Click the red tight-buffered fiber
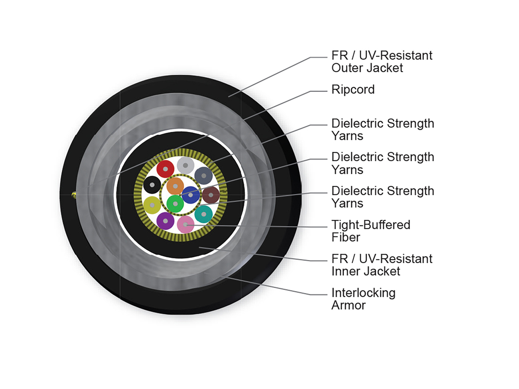pyautogui.click(x=165, y=169)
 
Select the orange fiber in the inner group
pyautogui.click(x=175, y=186)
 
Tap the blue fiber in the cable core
pyautogui.click(x=190, y=194)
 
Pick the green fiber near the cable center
pyautogui.click(x=175, y=203)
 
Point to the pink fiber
pyautogui.click(x=186, y=225)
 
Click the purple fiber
pyautogui.click(x=165, y=221)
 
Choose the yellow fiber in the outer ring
pyautogui.click(x=152, y=204)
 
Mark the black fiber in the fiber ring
pyautogui.click(x=152, y=185)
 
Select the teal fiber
pyautogui.click(x=204, y=214)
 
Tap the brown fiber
pyautogui.click(x=211, y=195)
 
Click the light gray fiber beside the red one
pyautogui.click(x=185, y=165)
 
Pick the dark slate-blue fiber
pyautogui.click(x=203, y=176)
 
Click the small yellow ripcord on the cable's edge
pyautogui.click(x=74, y=195)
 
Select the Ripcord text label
pyautogui.click(x=353, y=89)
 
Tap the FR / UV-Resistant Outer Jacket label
pyautogui.click(x=381, y=61)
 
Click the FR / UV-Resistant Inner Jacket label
pyautogui.click(x=381, y=265)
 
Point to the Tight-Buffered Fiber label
pyautogui.click(x=371, y=231)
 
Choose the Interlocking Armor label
pyautogui.click(x=363, y=299)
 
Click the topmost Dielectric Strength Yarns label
pyautogui.click(x=382, y=129)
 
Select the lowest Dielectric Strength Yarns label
pyautogui.click(x=382, y=197)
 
